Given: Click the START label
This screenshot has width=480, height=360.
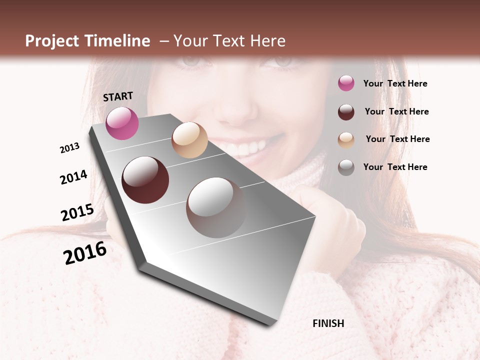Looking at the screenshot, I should click(x=118, y=96).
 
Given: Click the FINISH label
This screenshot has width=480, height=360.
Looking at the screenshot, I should click(x=328, y=323).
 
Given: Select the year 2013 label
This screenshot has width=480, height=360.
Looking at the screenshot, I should click(x=69, y=148).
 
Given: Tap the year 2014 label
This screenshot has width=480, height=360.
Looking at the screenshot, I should click(x=73, y=177).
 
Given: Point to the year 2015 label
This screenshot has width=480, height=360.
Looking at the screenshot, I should click(x=77, y=212).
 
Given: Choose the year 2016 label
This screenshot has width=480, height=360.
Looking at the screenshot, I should click(x=85, y=253).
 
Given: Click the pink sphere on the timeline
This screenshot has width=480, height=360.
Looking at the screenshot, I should click(x=122, y=123).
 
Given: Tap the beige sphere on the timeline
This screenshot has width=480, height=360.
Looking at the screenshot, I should click(x=189, y=140).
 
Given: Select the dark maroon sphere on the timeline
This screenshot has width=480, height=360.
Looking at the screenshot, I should click(x=145, y=180).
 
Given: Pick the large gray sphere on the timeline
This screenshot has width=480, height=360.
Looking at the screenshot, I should click(x=216, y=207).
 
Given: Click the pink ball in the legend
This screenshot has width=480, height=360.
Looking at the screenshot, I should click(x=346, y=83).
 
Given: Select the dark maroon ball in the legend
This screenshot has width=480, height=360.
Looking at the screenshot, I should click(x=346, y=111).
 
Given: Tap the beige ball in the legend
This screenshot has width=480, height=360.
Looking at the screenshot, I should click(x=346, y=139).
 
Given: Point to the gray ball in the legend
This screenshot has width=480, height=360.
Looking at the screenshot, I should click(x=346, y=167).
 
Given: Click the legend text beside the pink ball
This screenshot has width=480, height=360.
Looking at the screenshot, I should click(x=395, y=83).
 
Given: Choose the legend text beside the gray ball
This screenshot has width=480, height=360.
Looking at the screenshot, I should click(x=395, y=167).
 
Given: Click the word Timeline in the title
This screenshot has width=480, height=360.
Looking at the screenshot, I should click(x=117, y=41).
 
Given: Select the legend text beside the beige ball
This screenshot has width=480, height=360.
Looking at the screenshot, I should click(x=397, y=139).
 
